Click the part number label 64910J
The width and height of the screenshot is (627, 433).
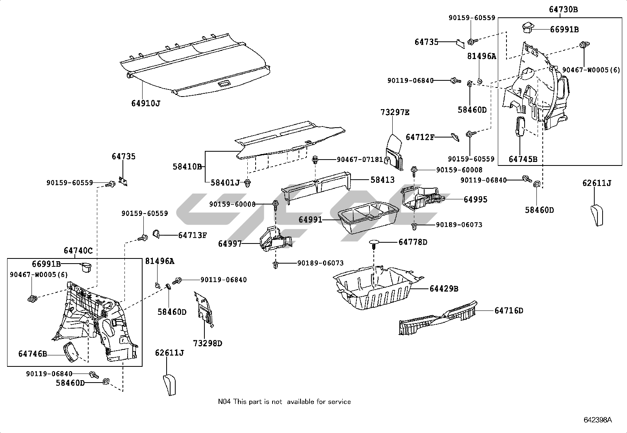coord(146,103)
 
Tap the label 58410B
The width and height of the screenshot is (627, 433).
coord(187,167)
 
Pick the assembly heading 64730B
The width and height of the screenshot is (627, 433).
coord(563,9)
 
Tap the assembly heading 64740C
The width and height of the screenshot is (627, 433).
coord(78,251)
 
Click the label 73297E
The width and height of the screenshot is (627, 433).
coord(395,113)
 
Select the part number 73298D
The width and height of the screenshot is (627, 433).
coord(208,343)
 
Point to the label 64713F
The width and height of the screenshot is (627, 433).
coord(192,235)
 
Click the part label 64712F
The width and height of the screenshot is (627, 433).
coord(420,137)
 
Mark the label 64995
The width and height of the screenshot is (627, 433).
coord(475,199)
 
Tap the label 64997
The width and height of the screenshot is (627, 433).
coord(230,244)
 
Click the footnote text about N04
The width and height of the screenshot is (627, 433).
coord(284,401)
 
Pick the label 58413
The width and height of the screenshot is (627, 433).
coord(382,180)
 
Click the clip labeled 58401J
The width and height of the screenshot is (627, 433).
coord(248,183)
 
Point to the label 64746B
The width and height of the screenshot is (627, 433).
coord(32,354)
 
